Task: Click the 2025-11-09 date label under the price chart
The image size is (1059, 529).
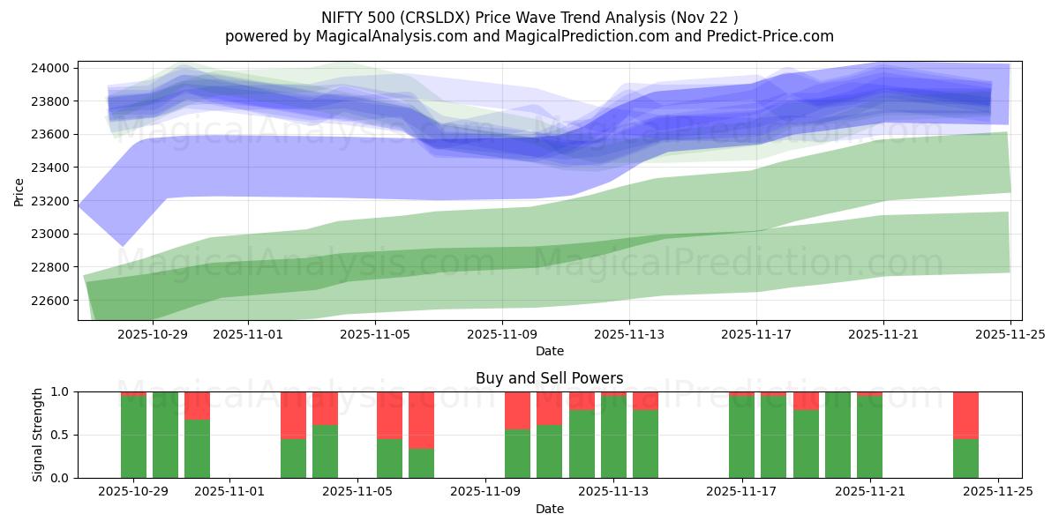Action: click(x=502, y=335)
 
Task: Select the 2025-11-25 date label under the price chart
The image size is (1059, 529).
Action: click(x=1010, y=335)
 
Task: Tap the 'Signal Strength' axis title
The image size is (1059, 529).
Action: click(x=37, y=435)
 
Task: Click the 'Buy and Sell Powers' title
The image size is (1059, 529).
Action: click(x=549, y=378)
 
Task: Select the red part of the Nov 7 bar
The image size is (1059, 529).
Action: click(x=421, y=420)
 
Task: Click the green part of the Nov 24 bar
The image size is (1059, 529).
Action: click(x=965, y=458)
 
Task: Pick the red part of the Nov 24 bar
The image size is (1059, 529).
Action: click(x=965, y=414)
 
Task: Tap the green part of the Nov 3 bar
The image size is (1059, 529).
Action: click(x=293, y=458)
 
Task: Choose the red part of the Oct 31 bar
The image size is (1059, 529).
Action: click(x=197, y=405)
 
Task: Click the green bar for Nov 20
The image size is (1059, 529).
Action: click(x=837, y=435)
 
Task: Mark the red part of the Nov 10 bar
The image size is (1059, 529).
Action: click(x=517, y=410)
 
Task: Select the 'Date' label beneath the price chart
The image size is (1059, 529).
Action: click(x=549, y=351)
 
